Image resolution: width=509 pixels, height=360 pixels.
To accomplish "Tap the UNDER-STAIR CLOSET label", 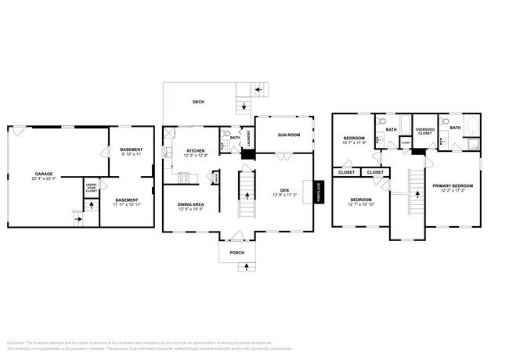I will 92,188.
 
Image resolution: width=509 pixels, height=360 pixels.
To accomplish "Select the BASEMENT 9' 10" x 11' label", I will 131,152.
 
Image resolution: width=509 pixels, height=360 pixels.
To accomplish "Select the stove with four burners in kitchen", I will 184,178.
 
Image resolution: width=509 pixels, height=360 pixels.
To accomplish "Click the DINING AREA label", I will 190,205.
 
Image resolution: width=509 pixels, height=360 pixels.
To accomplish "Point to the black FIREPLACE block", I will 319,191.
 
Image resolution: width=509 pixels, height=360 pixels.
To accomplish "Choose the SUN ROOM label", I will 289,135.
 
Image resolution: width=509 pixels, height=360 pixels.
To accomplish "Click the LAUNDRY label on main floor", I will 247,138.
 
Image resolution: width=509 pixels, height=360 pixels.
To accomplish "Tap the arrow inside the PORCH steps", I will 247,266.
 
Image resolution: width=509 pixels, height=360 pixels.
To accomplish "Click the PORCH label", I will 236,253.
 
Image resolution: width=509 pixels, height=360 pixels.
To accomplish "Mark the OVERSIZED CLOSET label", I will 424,132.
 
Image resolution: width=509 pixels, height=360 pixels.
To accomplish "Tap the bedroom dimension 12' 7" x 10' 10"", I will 360,203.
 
